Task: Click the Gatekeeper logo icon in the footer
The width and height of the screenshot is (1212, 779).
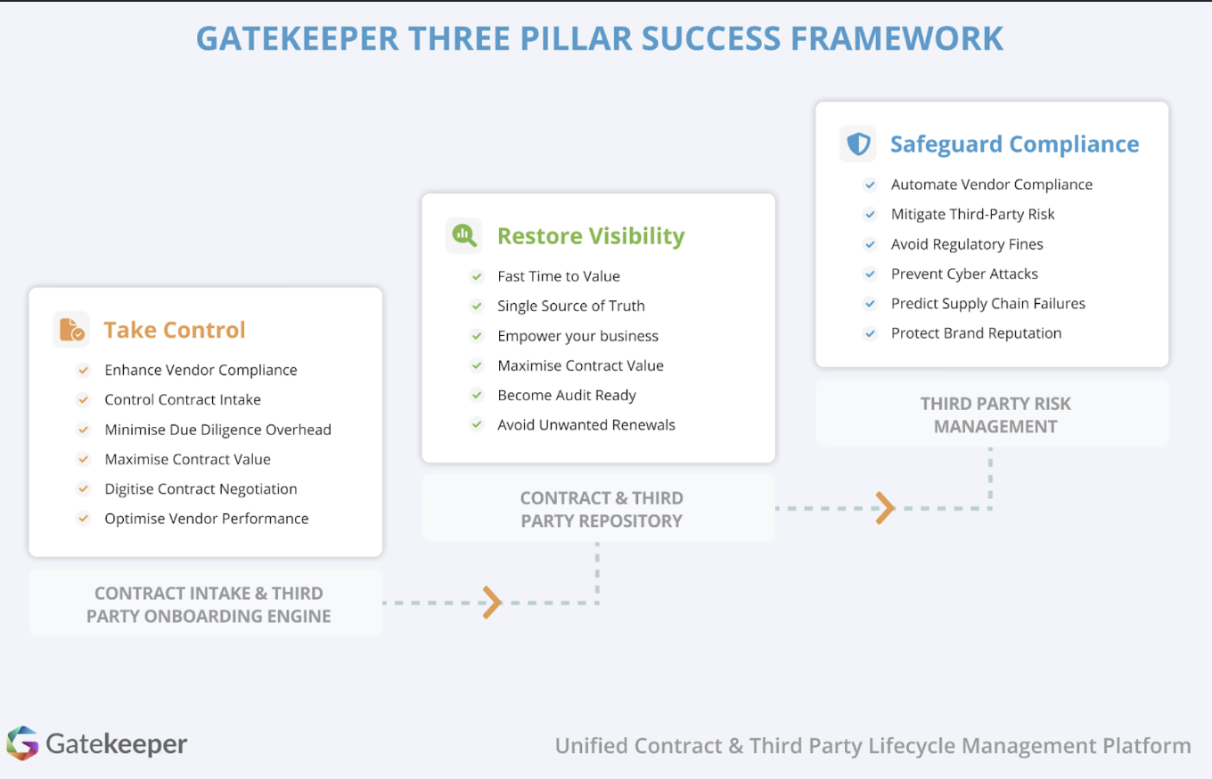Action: point(22,743)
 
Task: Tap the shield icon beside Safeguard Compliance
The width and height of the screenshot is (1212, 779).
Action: point(858,144)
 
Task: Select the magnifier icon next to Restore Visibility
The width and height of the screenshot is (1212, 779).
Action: point(463,235)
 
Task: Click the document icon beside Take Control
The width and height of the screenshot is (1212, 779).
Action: point(71,330)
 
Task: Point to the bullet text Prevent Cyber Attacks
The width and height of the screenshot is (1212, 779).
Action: point(964,274)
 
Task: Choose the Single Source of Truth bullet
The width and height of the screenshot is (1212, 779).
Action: point(570,306)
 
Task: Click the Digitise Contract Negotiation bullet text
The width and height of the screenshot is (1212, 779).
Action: point(201,488)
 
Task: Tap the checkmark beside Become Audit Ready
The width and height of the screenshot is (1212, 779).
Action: point(477,395)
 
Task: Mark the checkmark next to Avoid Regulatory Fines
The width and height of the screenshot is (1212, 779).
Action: point(871,244)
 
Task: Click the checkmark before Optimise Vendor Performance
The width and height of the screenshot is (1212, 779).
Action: point(84,518)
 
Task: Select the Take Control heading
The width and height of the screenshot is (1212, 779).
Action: point(175,330)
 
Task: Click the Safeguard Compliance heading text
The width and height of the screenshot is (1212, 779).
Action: point(1014,144)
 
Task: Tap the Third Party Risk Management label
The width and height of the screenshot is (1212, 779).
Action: point(995,414)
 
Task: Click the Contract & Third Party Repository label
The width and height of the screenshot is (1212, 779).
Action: point(602,509)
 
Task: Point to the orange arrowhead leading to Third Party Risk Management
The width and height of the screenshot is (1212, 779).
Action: point(885,508)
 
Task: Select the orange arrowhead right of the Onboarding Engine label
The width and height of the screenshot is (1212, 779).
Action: point(492,603)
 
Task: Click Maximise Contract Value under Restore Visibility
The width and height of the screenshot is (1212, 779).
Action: point(580,365)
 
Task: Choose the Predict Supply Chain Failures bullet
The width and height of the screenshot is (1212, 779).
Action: point(987,303)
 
